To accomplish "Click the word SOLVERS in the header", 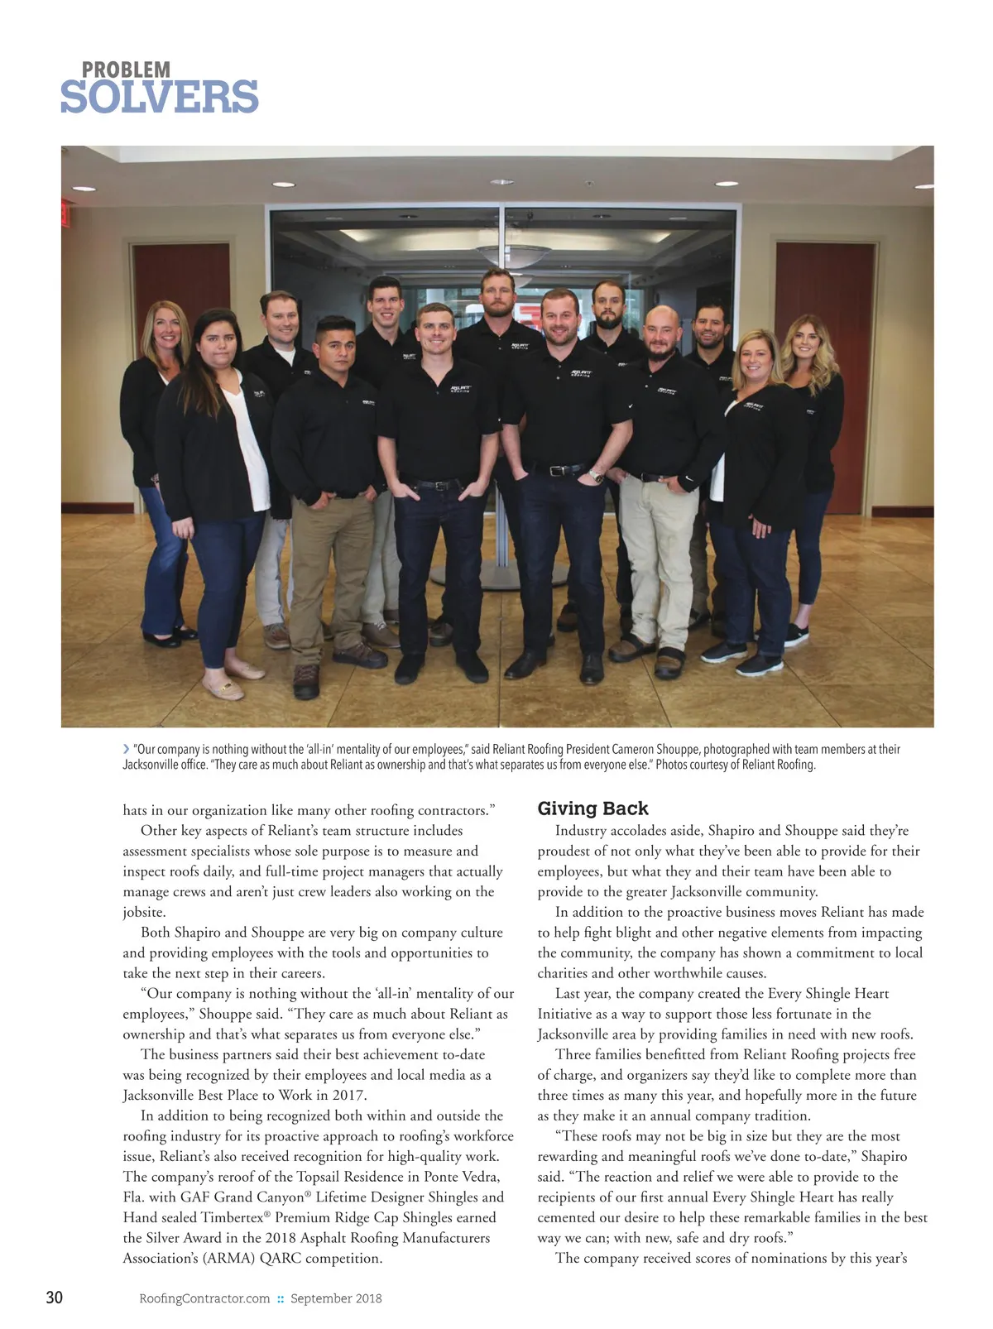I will [159, 97].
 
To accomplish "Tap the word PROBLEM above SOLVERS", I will [126, 70].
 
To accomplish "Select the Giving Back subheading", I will [592, 808].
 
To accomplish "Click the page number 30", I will [54, 1298].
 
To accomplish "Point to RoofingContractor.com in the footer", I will [204, 1298].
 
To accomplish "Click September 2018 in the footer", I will [336, 1298].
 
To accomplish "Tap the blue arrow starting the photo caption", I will [126, 749].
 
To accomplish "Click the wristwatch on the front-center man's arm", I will [595, 476].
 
